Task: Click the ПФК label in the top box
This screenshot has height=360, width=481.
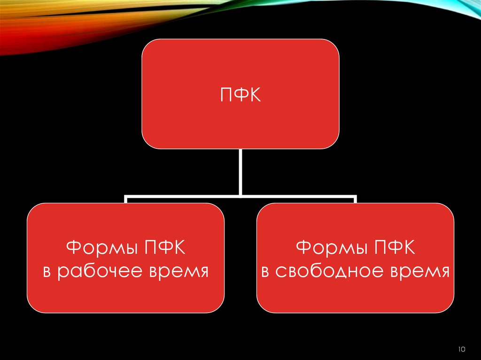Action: [240, 96]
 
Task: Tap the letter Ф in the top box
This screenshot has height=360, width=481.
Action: [240, 96]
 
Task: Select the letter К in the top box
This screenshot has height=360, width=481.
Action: [254, 96]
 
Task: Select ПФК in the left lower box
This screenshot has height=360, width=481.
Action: [162, 247]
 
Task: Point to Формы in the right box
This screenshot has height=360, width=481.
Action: [326, 248]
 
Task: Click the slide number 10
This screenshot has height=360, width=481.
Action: [461, 349]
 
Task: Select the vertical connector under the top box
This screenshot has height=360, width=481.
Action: [240, 171]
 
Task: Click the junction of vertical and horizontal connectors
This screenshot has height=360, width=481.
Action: [240, 196]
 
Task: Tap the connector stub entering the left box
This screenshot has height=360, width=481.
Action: [126, 200]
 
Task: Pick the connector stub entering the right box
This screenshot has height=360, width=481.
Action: [355, 200]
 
